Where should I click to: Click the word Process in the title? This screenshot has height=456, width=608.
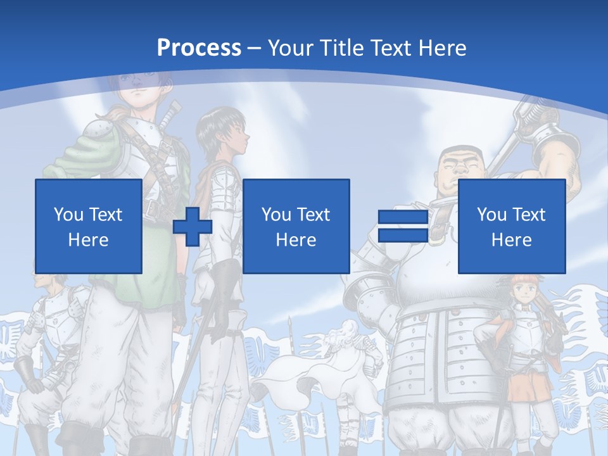[x=199, y=48]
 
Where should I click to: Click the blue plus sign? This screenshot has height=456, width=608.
[x=193, y=226]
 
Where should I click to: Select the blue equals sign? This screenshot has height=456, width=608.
[x=403, y=226]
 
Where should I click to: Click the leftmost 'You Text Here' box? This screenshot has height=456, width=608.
[x=89, y=226]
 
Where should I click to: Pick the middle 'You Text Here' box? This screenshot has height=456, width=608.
[x=296, y=226]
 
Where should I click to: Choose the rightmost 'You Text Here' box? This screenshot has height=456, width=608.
[x=511, y=226]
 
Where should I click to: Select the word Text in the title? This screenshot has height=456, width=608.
[x=388, y=48]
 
